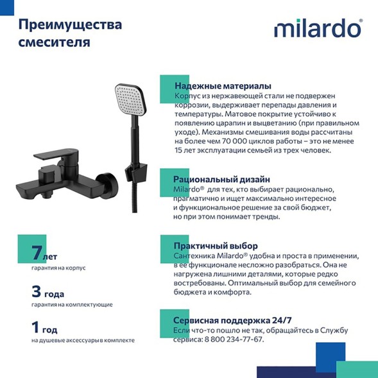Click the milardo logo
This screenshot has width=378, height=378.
(x=318, y=30)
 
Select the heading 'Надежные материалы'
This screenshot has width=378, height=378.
(x=222, y=86)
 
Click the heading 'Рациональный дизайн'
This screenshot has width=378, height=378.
(x=221, y=179)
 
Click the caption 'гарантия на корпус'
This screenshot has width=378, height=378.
(x=58, y=268)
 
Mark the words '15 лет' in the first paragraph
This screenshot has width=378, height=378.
(x=185, y=150)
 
